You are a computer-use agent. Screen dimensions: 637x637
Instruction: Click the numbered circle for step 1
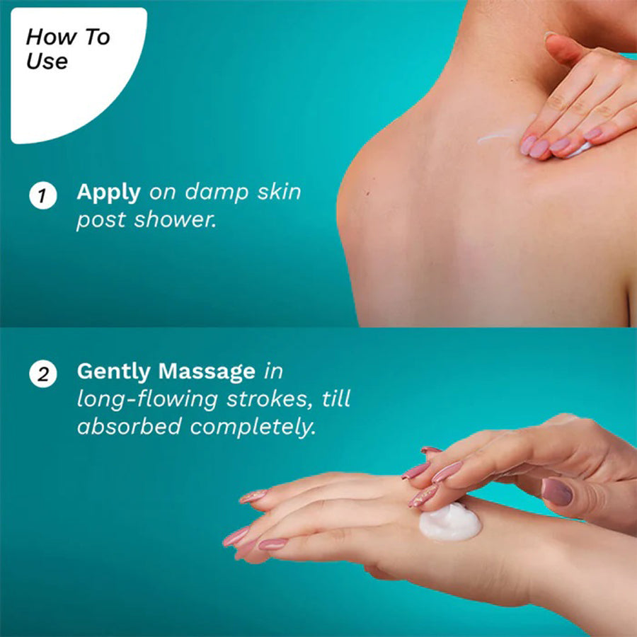point(42,196)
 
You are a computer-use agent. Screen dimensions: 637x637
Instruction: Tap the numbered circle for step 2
point(42,374)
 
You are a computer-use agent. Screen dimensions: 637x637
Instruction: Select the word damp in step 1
point(217,192)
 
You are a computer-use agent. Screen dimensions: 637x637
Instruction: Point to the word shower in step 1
point(174,220)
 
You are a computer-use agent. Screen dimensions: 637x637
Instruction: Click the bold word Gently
point(114,372)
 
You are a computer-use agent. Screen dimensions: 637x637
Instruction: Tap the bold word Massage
point(207,372)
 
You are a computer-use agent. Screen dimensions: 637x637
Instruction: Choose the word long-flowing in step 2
point(147,399)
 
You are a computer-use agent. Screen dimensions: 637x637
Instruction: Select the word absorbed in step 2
point(130,427)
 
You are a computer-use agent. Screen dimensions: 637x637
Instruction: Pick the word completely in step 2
point(253,427)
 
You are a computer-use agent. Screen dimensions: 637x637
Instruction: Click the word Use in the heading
point(47,62)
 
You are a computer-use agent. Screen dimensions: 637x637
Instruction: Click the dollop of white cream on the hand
point(450,523)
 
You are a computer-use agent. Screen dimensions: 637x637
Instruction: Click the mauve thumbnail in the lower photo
point(556,492)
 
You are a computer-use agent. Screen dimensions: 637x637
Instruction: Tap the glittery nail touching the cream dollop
point(423,496)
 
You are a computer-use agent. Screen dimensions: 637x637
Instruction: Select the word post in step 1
point(101,221)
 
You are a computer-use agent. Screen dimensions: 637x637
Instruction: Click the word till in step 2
point(336,398)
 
